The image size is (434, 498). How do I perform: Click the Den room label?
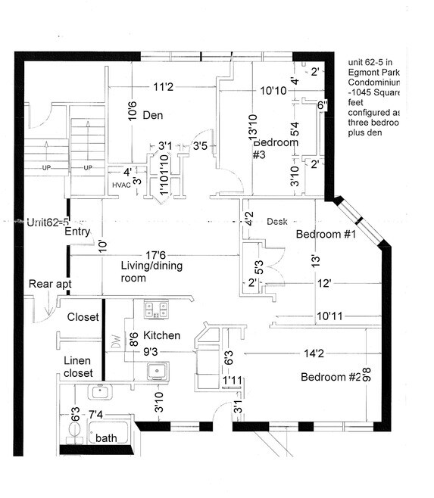154,115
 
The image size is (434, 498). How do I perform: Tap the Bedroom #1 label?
326,235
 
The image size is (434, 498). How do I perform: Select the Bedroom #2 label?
331,378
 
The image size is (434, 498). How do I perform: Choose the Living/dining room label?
144,272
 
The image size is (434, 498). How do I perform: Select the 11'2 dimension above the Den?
164,88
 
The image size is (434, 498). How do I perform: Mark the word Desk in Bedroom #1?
277,222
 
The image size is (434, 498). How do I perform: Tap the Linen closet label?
78,367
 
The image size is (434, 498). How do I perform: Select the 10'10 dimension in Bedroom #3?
273,91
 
